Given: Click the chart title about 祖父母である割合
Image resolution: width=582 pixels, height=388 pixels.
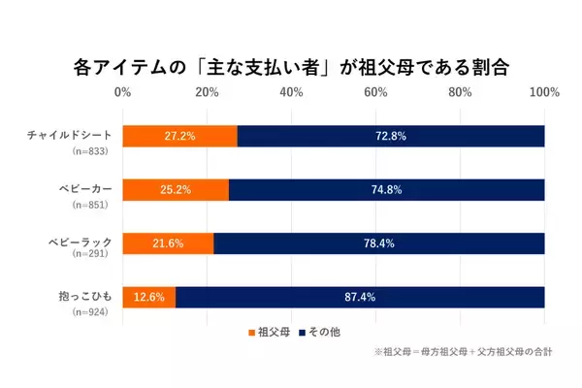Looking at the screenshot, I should click(290, 68).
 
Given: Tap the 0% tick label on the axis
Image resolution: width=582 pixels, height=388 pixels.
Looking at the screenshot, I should click(123, 93).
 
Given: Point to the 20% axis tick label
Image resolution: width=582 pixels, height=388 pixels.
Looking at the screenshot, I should click(207, 93).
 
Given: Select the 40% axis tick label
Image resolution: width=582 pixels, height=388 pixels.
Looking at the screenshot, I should click(291, 93).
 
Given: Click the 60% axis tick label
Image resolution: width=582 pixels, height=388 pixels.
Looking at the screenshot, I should click(375, 93).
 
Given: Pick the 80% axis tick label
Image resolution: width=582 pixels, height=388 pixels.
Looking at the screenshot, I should click(460, 93).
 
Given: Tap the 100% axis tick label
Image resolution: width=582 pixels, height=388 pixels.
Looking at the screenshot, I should click(543, 93).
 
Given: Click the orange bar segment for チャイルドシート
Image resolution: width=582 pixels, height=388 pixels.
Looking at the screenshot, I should click(180, 136).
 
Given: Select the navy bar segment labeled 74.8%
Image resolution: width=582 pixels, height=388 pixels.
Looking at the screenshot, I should click(386, 189).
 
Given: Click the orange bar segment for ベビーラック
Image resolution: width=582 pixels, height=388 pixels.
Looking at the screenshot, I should click(169, 242).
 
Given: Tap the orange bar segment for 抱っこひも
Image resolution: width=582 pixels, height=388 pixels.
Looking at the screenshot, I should click(149, 296).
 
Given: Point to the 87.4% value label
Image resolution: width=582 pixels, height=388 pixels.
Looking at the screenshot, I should click(360, 296).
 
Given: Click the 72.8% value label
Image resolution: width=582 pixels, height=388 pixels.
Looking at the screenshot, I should click(391, 136).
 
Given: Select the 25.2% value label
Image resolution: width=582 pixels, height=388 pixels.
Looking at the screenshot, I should click(177, 189).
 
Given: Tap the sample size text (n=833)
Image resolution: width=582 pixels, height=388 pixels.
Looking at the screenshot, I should click(89, 152).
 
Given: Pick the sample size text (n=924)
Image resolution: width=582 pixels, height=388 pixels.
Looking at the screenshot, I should click(89, 312).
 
